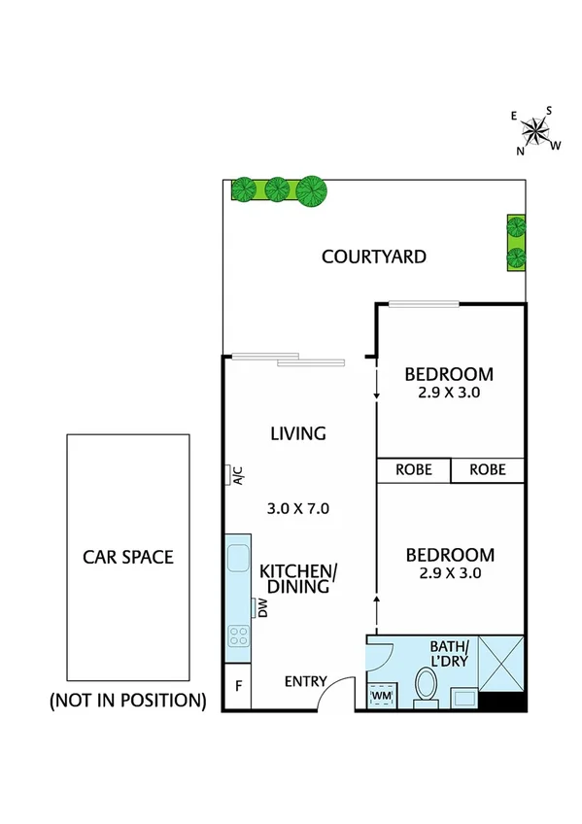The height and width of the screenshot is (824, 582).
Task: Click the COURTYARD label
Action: click(374, 257)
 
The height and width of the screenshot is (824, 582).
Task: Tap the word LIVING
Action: click(297, 433)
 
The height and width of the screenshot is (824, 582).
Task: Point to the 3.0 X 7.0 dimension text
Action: click(298, 507)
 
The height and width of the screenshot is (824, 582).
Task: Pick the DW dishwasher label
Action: click(261, 608)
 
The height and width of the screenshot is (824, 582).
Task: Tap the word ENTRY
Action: click(306, 681)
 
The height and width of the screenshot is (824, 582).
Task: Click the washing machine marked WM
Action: click(382, 696)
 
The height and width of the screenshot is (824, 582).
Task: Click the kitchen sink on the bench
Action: click(238, 559)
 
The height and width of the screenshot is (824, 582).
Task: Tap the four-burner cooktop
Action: click(238, 635)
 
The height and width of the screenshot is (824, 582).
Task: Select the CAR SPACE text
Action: click(127, 557)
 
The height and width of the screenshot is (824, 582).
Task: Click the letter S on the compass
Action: click(548, 110)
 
